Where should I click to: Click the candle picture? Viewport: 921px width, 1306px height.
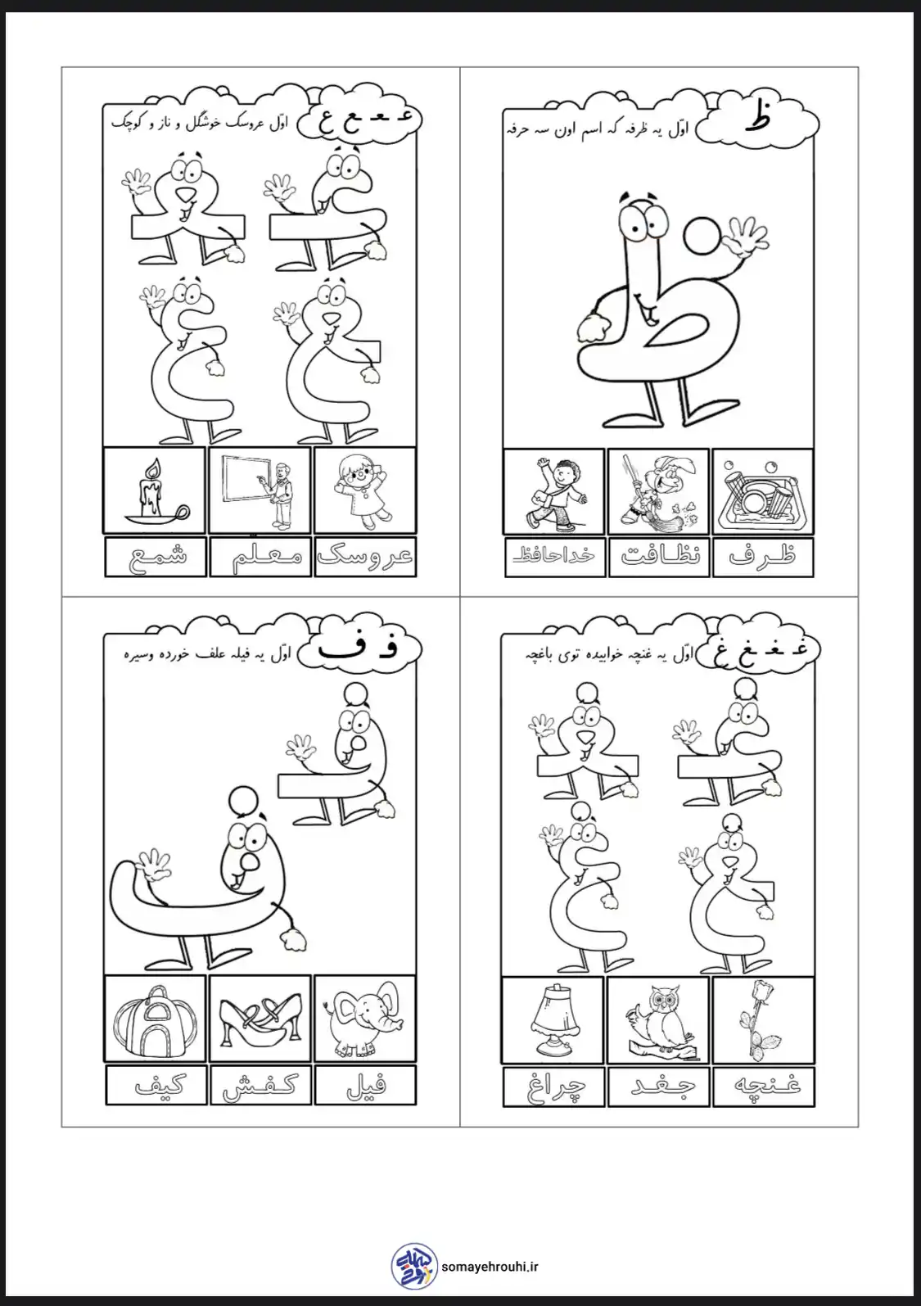(155, 490)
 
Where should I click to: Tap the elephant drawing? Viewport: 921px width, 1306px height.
(364, 1019)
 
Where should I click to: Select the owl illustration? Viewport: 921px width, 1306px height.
(660, 1021)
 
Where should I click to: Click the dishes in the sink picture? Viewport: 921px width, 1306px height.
(761, 491)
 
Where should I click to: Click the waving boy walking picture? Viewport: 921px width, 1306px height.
(556, 490)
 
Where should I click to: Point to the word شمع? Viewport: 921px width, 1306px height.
(156, 556)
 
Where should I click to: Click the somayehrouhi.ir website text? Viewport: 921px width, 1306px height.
(490, 1263)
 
